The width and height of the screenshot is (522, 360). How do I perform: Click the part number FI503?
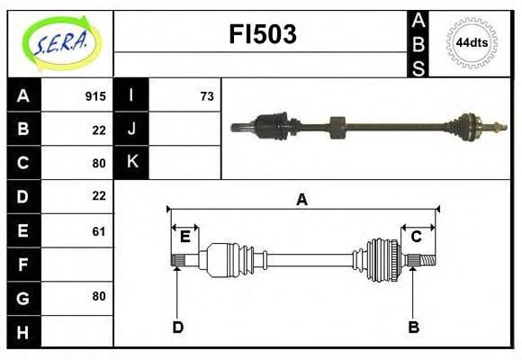(261, 35)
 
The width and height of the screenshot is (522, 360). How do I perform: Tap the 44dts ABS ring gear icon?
(472, 42)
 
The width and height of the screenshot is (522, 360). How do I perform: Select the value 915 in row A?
(95, 96)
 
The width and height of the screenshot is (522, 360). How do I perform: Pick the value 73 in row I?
(206, 96)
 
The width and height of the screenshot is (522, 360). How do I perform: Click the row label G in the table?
(23, 296)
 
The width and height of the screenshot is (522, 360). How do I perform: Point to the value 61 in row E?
(98, 231)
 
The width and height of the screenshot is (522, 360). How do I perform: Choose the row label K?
(132, 163)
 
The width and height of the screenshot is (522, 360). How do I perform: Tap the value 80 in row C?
(98, 163)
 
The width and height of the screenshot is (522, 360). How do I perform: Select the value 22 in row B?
(98, 130)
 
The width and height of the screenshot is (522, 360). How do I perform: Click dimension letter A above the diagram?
(302, 200)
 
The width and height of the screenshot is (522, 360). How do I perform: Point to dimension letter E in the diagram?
(184, 237)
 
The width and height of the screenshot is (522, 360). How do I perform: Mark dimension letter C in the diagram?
(417, 237)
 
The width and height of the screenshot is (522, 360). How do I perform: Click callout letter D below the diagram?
(177, 327)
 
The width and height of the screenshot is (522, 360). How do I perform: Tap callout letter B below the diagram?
(413, 327)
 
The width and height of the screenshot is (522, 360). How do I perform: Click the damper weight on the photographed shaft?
(337, 128)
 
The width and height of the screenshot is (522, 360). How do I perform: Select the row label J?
(132, 130)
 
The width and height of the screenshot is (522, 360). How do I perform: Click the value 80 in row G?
(98, 296)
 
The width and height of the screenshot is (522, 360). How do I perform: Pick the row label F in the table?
(23, 265)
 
